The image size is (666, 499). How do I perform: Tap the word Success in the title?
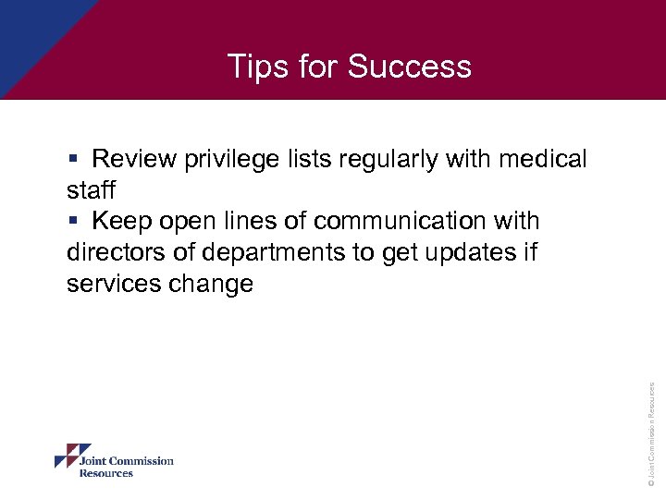pyautogui.click(x=410, y=67)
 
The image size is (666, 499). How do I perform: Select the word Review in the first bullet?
pyautogui.click(x=134, y=159)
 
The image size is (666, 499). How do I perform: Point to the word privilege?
pyautogui.click(x=229, y=159)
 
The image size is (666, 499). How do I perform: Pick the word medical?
pyautogui.click(x=542, y=159)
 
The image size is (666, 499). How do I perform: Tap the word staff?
pyautogui.click(x=91, y=190)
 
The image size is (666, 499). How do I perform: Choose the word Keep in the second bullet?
pyautogui.click(x=122, y=222)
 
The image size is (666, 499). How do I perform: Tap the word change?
pyautogui.click(x=211, y=284)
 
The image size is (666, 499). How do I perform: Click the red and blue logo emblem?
pyautogui.click(x=66, y=456)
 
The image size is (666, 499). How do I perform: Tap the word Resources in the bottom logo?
pyautogui.click(x=106, y=473)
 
